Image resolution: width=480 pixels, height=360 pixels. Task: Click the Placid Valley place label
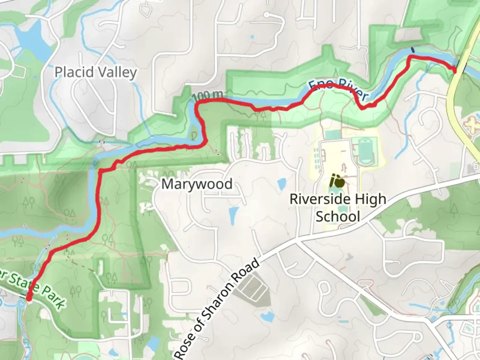point(96,72)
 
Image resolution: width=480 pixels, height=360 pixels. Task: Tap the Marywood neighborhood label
point(197,184)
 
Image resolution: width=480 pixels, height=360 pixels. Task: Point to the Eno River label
point(338,88)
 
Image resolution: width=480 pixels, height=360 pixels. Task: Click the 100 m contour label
point(207,96)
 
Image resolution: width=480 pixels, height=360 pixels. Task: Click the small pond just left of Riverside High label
point(282,183)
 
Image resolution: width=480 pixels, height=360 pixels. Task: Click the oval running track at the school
point(365,152)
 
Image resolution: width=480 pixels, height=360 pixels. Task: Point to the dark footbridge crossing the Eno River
point(413,50)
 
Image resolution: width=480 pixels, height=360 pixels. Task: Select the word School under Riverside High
point(337,217)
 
